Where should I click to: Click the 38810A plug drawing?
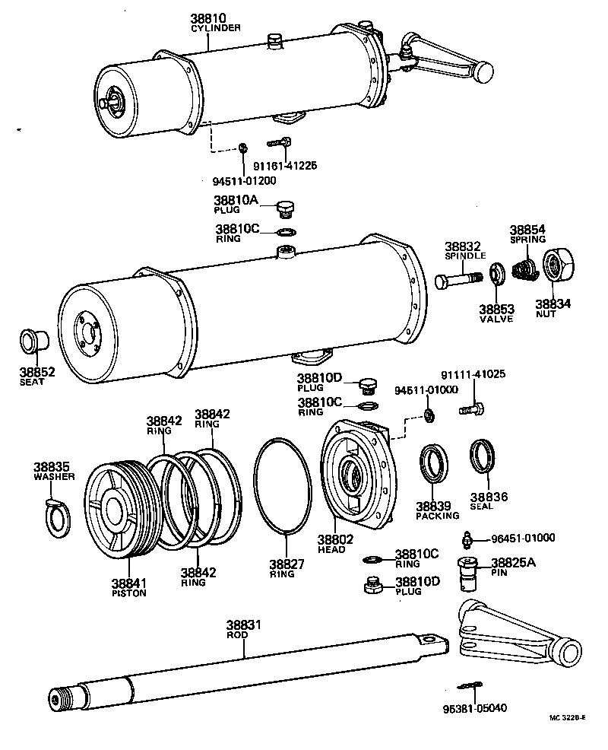click(x=286, y=208)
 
